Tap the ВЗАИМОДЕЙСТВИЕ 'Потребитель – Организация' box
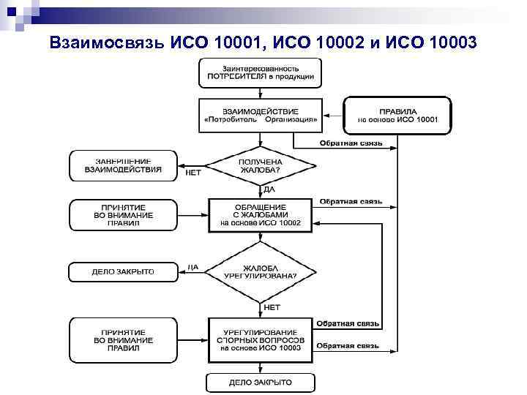(x=261, y=114)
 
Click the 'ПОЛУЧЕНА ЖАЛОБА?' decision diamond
(x=261, y=166)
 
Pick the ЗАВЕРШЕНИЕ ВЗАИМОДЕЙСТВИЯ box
(x=123, y=165)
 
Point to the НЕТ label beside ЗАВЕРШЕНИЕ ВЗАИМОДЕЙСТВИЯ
(x=193, y=173)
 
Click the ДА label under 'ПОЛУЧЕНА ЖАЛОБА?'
(x=269, y=189)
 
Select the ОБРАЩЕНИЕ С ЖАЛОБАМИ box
(x=261, y=215)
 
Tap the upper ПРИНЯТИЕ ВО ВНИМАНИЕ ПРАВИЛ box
(x=123, y=215)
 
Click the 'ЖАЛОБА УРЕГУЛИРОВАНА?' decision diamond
(x=261, y=271)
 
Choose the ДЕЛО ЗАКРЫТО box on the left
(x=123, y=271)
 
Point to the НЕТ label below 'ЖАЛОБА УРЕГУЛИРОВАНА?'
(x=271, y=307)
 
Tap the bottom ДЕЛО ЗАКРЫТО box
(x=261, y=383)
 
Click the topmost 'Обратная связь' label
(x=351, y=143)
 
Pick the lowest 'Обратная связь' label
(x=347, y=345)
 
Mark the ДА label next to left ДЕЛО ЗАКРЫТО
(x=193, y=266)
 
